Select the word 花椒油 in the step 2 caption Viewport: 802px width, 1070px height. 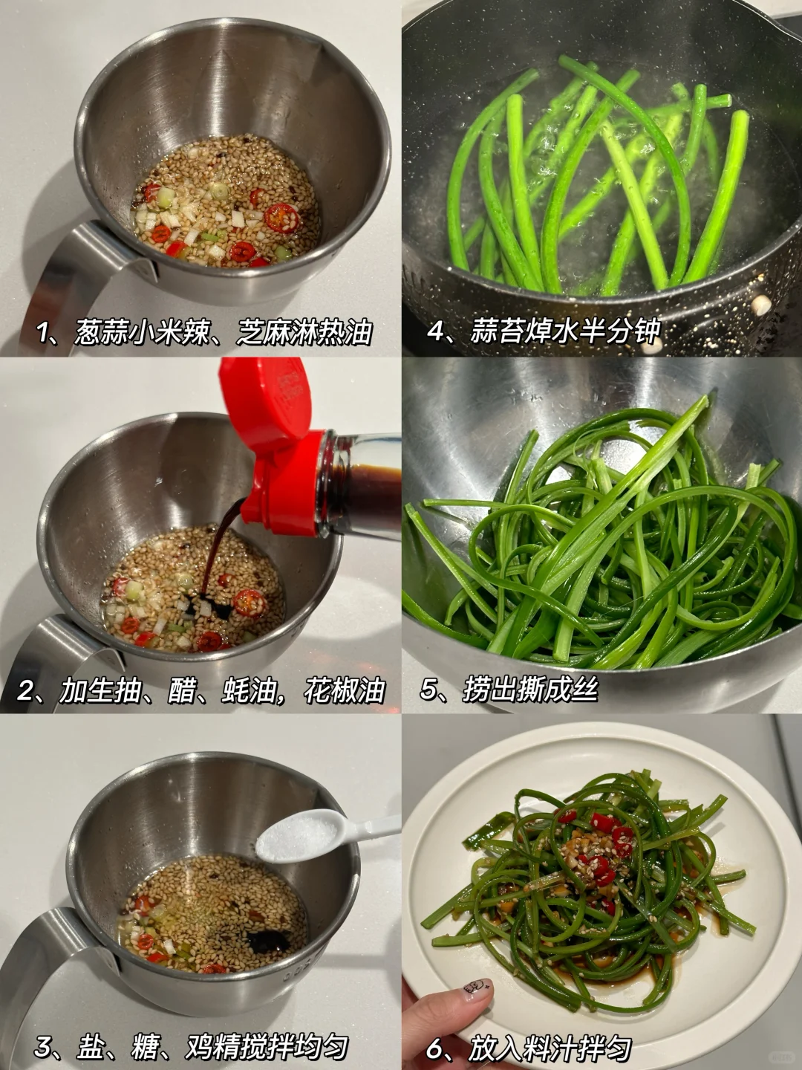345,690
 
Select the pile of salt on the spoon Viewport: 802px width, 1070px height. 296,835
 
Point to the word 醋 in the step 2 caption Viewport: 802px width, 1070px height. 181,690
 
